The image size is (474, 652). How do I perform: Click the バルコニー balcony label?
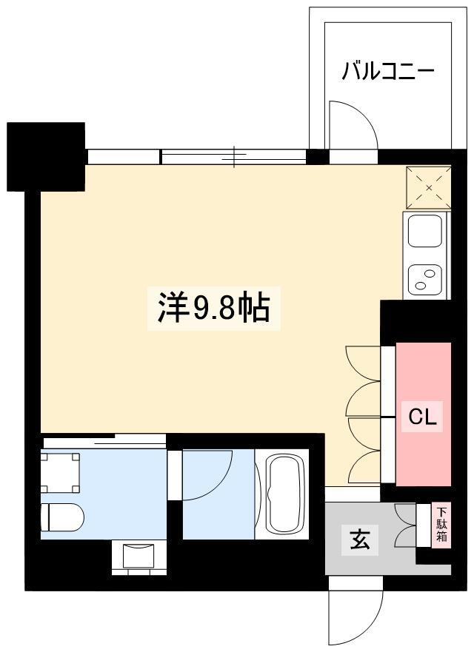click(x=388, y=71)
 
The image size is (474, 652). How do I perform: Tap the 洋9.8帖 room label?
click(x=214, y=309)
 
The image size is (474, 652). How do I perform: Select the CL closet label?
click(x=422, y=416)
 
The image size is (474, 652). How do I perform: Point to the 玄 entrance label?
click(x=360, y=540)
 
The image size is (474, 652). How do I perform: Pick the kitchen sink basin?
click(x=425, y=230)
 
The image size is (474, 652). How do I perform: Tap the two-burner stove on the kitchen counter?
click(x=425, y=280)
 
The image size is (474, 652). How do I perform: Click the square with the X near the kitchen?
click(x=429, y=187)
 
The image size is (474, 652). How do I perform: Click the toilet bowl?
click(x=62, y=517)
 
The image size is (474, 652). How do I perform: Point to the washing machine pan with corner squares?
click(x=60, y=473)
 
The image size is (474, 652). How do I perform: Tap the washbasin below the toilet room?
click(x=138, y=557)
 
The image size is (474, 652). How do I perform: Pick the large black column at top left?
click(x=46, y=157)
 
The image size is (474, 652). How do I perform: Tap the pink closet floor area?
click(x=423, y=414)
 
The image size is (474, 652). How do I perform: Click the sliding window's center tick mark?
click(x=234, y=157)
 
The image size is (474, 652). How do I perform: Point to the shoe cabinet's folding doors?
click(x=405, y=525)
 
